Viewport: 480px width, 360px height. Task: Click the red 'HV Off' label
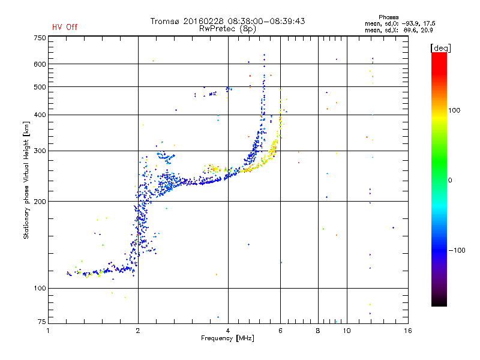coord(65,27)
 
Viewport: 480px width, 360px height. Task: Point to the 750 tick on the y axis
coord(40,38)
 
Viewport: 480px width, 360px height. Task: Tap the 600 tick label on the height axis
coord(40,64)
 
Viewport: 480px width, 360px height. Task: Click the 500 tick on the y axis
coord(40,87)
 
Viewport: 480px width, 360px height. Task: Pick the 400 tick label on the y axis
coord(40,115)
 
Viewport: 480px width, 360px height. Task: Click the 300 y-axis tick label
coord(40,151)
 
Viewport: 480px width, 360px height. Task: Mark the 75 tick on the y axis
coord(41,320)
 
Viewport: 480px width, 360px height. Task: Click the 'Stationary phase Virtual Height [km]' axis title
coord(26,180)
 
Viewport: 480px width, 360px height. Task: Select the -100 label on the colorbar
coord(457,250)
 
